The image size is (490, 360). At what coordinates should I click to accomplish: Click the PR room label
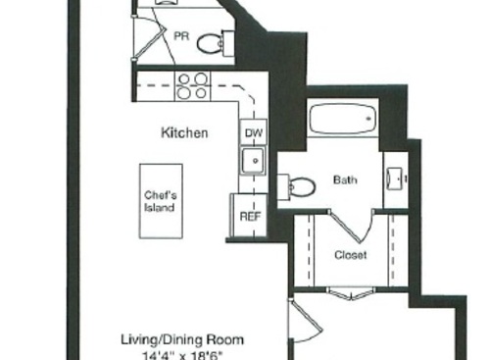[x=182, y=35]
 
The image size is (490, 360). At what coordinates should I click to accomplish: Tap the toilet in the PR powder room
[x=210, y=42]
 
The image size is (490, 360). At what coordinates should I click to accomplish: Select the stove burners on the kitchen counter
[x=191, y=86]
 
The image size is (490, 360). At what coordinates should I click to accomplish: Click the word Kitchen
[x=184, y=132]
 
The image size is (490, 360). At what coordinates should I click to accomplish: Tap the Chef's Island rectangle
[x=160, y=200]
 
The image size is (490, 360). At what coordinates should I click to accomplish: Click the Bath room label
[x=345, y=180]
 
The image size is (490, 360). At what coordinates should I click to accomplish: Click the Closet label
[x=350, y=255]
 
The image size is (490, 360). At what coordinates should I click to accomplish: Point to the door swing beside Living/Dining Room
[x=300, y=324]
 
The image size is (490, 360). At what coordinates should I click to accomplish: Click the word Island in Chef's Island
[x=160, y=208]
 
